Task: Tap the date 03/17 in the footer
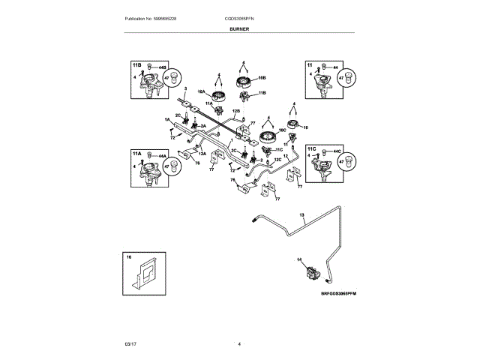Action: tap(131, 343)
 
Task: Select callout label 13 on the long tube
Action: tap(302, 215)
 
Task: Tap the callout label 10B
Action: tap(262, 76)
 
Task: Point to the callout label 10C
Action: tap(283, 129)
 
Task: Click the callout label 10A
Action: tap(201, 91)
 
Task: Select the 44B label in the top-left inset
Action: tap(163, 67)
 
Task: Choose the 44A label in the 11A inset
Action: tap(163, 157)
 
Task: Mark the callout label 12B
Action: tap(236, 112)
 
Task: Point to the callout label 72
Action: tap(172, 138)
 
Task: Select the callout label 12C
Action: tap(277, 160)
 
